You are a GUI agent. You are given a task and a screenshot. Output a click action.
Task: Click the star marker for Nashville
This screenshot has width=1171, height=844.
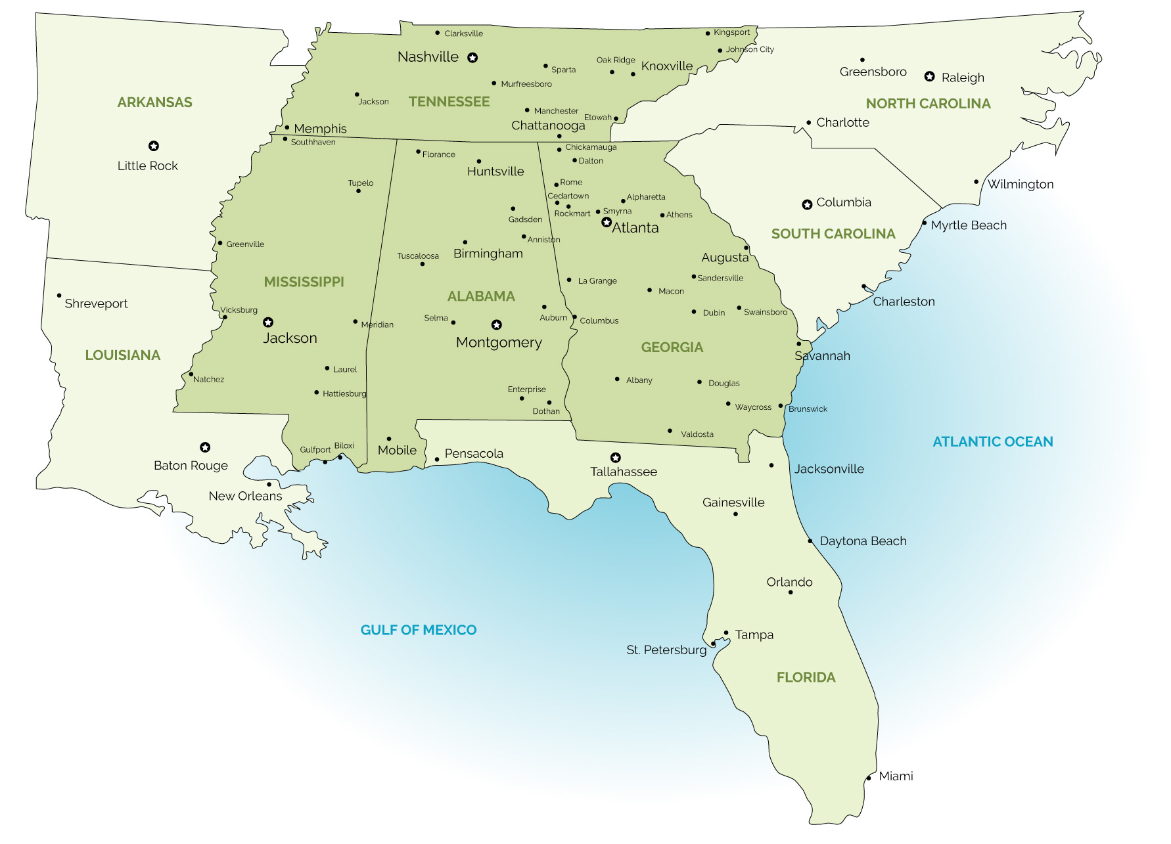[x=472, y=58]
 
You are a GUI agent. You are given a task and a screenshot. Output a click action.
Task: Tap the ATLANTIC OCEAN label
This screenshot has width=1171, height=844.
[x=992, y=442]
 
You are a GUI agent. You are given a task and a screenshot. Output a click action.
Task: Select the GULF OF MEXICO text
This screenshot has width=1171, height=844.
[x=419, y=630]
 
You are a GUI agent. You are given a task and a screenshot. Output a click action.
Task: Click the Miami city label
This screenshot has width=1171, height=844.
[x=896, y=776]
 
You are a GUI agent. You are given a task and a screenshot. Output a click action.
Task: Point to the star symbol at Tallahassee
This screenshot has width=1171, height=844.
[x=616, y=458]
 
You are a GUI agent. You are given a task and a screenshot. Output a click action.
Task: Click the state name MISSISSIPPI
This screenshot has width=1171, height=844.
[x=304, y=282]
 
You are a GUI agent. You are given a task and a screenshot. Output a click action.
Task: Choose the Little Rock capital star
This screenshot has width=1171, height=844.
[x=154, y=146]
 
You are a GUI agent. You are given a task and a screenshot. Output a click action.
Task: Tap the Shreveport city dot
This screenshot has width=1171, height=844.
[x=59, y=296]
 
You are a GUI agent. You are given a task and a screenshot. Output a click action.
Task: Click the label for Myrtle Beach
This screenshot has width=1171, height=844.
[x=968, y=225]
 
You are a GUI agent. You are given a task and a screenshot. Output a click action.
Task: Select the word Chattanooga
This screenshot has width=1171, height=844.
[x=548, y=125]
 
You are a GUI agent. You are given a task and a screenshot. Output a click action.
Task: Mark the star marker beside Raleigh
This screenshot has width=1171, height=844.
[x=929, y=77]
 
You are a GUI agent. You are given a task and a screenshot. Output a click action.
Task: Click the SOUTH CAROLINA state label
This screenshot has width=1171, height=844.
[x=833, y=234]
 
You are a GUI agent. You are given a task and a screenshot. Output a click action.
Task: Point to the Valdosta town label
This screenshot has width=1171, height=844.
[x=697, y=434]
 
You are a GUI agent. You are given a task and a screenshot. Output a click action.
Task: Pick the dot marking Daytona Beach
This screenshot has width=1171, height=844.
[x=810, y=541]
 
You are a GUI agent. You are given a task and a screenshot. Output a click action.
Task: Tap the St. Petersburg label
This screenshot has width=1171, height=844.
[x=666, y=650]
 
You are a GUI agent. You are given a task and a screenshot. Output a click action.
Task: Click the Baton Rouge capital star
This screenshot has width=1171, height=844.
[x=205, y=447]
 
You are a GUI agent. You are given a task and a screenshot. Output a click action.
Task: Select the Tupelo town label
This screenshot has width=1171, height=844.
[x=361, y=183]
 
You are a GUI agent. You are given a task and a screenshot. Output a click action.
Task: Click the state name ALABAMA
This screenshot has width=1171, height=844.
[x=481, y=296]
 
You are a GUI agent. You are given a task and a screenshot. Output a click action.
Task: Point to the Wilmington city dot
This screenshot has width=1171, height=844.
[x=976, y=182]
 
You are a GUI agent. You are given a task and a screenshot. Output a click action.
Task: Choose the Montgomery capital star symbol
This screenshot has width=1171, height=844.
[x=497, y=325]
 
